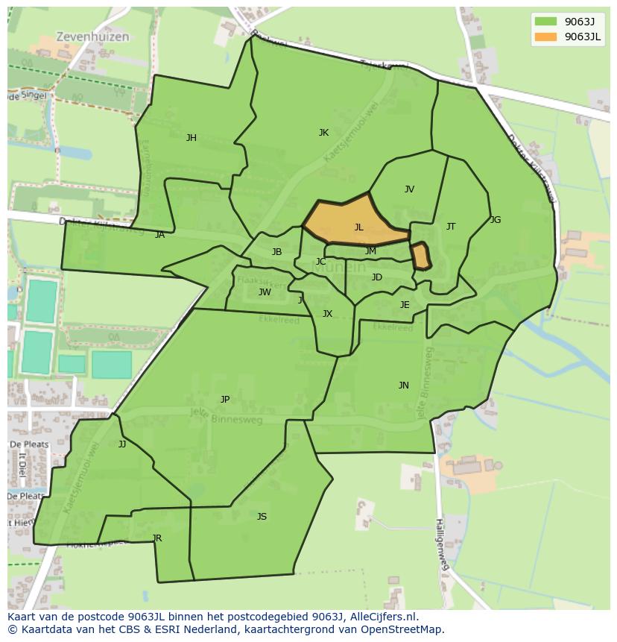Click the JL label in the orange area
point(358,227)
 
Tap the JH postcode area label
point(192,137)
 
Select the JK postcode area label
point(323,133)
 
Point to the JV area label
point(409,189)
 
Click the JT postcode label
point(451,227)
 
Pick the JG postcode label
point(496,220)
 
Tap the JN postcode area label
point(403,385)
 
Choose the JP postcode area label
point(225,400)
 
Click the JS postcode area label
point(262,517)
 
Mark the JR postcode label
point(156,538)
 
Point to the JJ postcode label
point(122,444)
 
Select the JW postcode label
point(265,292)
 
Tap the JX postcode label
point(327,314)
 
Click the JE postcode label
point(405,305)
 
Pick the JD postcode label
point(377,277)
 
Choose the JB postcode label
point(276,252)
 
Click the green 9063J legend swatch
point(545,21)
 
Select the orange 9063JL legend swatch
point(545,37)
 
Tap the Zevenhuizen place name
point(92,37)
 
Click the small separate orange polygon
point(421,256)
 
